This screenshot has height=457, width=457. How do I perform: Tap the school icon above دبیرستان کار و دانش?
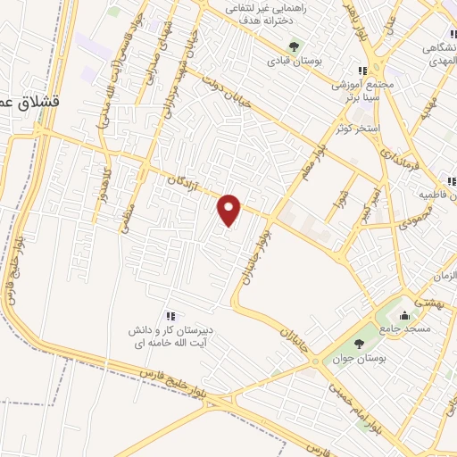click(x=170, y=316)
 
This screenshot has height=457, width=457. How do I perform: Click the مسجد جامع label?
click(x=405, y=328)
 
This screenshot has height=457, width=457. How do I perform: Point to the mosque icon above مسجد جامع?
click(x=405, y=314)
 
